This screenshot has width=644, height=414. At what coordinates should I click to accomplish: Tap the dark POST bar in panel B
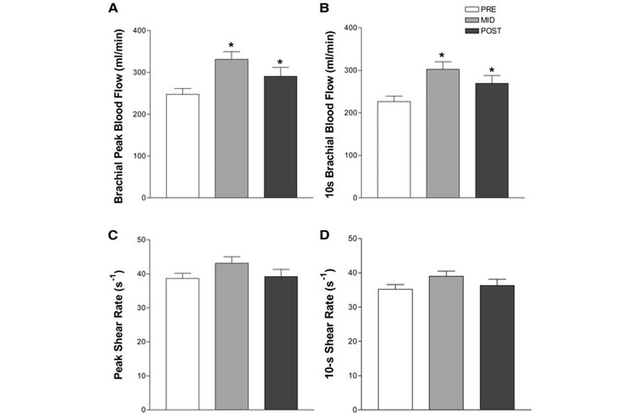[x=492, y=140]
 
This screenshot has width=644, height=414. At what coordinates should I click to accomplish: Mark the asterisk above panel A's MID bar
[x=232, y=45]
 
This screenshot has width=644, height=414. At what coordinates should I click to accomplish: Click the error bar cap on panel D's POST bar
[x=492, y=279]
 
